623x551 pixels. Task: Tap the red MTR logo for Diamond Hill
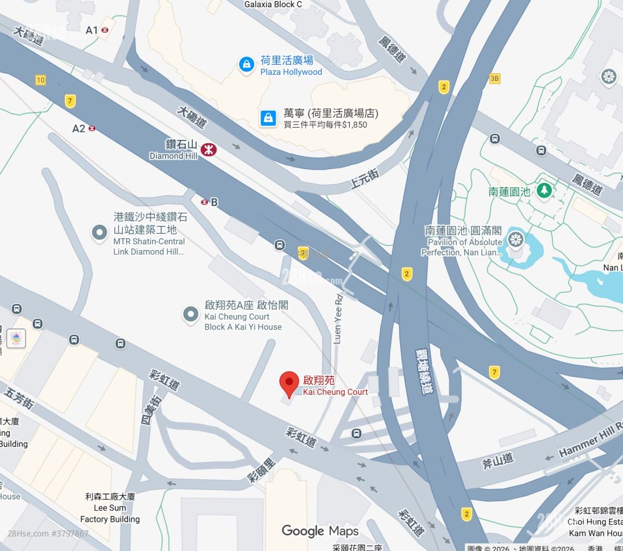(x=209, y=150)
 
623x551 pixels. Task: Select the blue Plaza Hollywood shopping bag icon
(x=246, y=64)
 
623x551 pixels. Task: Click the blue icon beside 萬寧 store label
(x=268, y=118)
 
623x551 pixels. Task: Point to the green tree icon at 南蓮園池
(x=544, y=190)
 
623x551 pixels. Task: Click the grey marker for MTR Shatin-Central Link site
(x=99, y=233)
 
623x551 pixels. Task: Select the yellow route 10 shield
(x=40, y=80)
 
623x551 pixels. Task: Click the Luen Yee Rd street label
(x=338, y=319)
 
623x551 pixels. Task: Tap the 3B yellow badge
(x=494, y=78)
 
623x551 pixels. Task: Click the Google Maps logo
(x=320, y=531)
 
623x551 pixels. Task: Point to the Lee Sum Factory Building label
(x=110, y=508)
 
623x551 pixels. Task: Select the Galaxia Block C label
(x=273, y=5)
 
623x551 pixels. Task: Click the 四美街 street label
(x=150, y=410)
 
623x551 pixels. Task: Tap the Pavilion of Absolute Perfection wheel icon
(x=516, y=240)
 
